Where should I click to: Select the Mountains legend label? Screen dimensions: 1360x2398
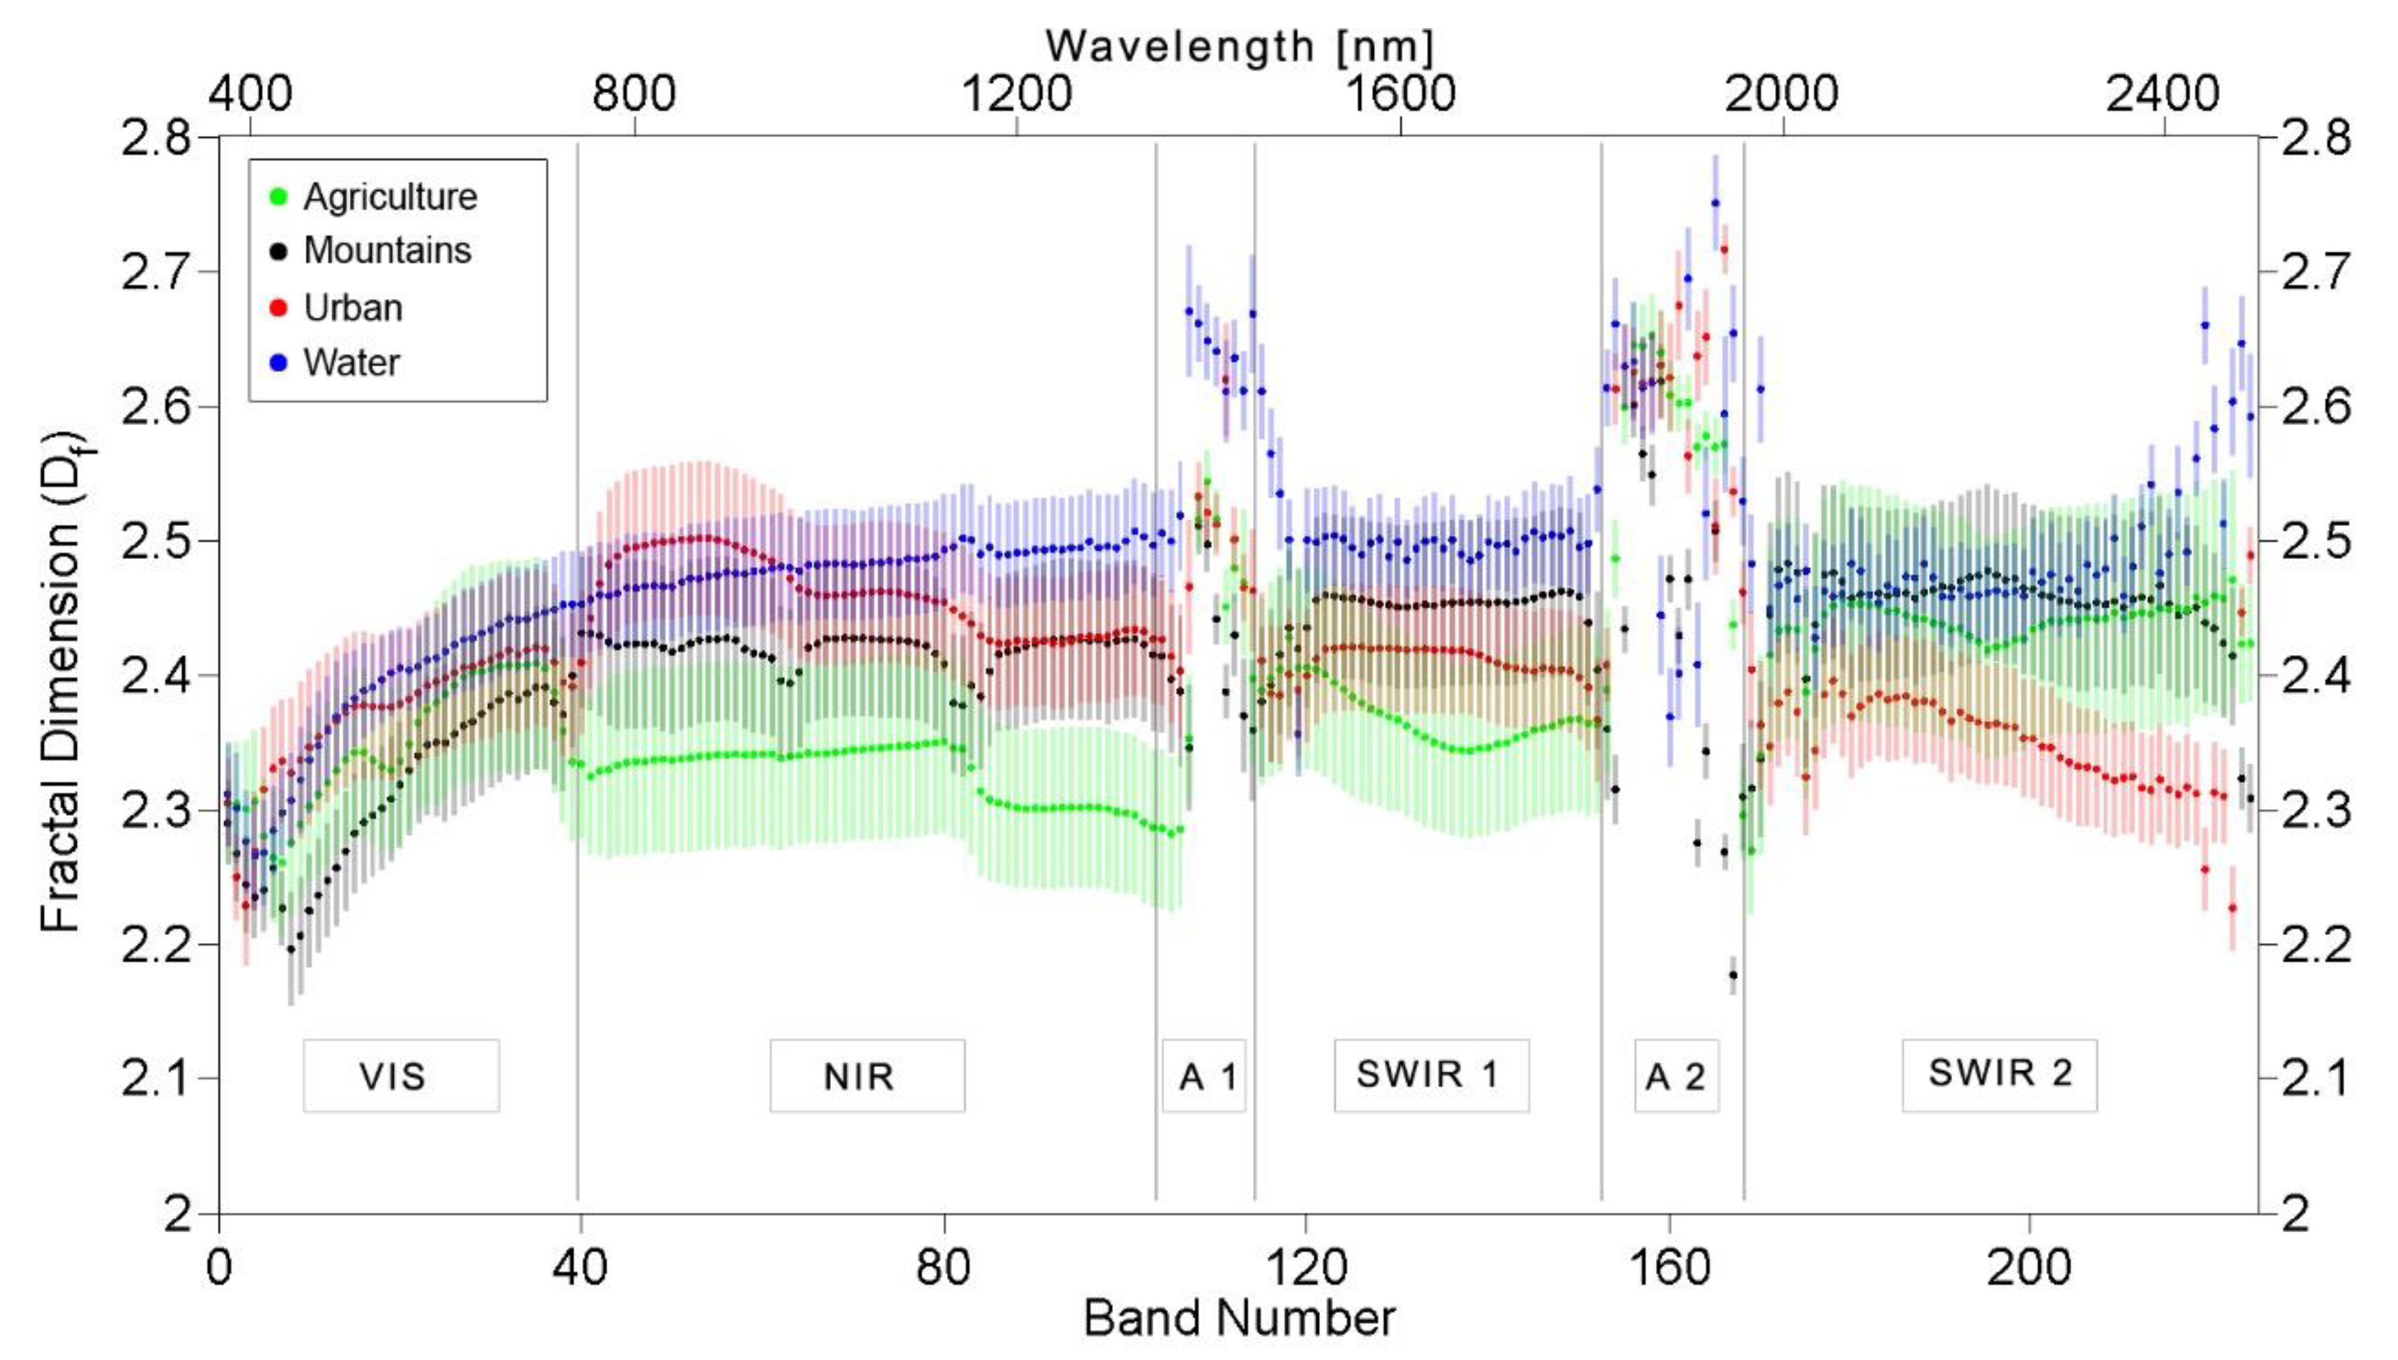click(x=387, y=250)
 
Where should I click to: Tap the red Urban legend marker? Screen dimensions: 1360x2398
click(x=277, y=308)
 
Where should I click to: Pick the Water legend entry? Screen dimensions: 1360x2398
click(x=351, y=363)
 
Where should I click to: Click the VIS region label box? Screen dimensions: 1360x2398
click(x=401, y=1076)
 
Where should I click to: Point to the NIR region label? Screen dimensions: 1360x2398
click(x=867, y=1076)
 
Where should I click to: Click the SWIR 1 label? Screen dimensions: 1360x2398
click(x=1431, y=1074)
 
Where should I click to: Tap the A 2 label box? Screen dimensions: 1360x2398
click(x=1676, y=1076)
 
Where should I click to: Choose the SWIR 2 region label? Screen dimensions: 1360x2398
click(x=1999, y=1073)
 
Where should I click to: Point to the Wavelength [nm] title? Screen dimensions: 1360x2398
click(x=1239, y=45)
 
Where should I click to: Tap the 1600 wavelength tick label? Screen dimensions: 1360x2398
click(x=1400, y=94)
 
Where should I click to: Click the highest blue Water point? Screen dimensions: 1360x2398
click(x=1715, y=202)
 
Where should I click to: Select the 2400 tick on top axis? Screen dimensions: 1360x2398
click(x=2163, y=94)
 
